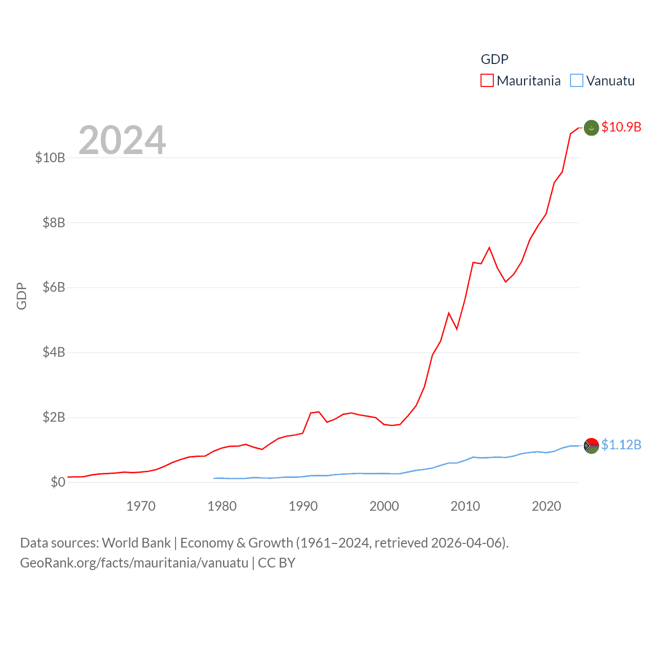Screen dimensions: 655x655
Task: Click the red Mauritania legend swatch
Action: click(x=487, y=81)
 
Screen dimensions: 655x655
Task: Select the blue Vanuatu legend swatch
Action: click(x=577, y=81)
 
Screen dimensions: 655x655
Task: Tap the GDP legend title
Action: click(x=494, y=59)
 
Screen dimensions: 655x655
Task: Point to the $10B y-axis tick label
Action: click(x=50, y=158)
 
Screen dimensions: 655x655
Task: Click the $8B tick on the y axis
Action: click(x=54, y=223)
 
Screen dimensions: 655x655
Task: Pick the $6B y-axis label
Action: click(x=54, y=287)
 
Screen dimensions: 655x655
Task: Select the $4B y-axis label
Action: click(x=54, y=352)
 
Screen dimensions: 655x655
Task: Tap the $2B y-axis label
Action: click(x=54, y=417)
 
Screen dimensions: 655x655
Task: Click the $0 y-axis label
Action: click(x=58, y=482)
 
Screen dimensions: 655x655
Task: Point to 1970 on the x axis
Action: click(x=141, y=507)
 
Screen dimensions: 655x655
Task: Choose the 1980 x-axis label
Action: click(x=222, y=507)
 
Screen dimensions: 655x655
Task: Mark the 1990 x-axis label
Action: click(x=303, y=507)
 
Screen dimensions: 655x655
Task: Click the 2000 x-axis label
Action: click(x=384, y=507)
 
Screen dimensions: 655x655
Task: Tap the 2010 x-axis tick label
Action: click(x=465, y=507)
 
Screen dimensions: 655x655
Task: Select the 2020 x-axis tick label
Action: click(x=547, y=507)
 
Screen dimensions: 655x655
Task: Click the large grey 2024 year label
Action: click(x=122, y=140)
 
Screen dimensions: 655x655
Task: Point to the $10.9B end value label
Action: click(x=621, y=127)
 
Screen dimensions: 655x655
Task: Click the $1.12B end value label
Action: click(x=621, y=445)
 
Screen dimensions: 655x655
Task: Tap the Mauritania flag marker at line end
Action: click(x=592, y=128)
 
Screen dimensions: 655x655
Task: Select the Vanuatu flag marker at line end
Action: click(x=592, y=446)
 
